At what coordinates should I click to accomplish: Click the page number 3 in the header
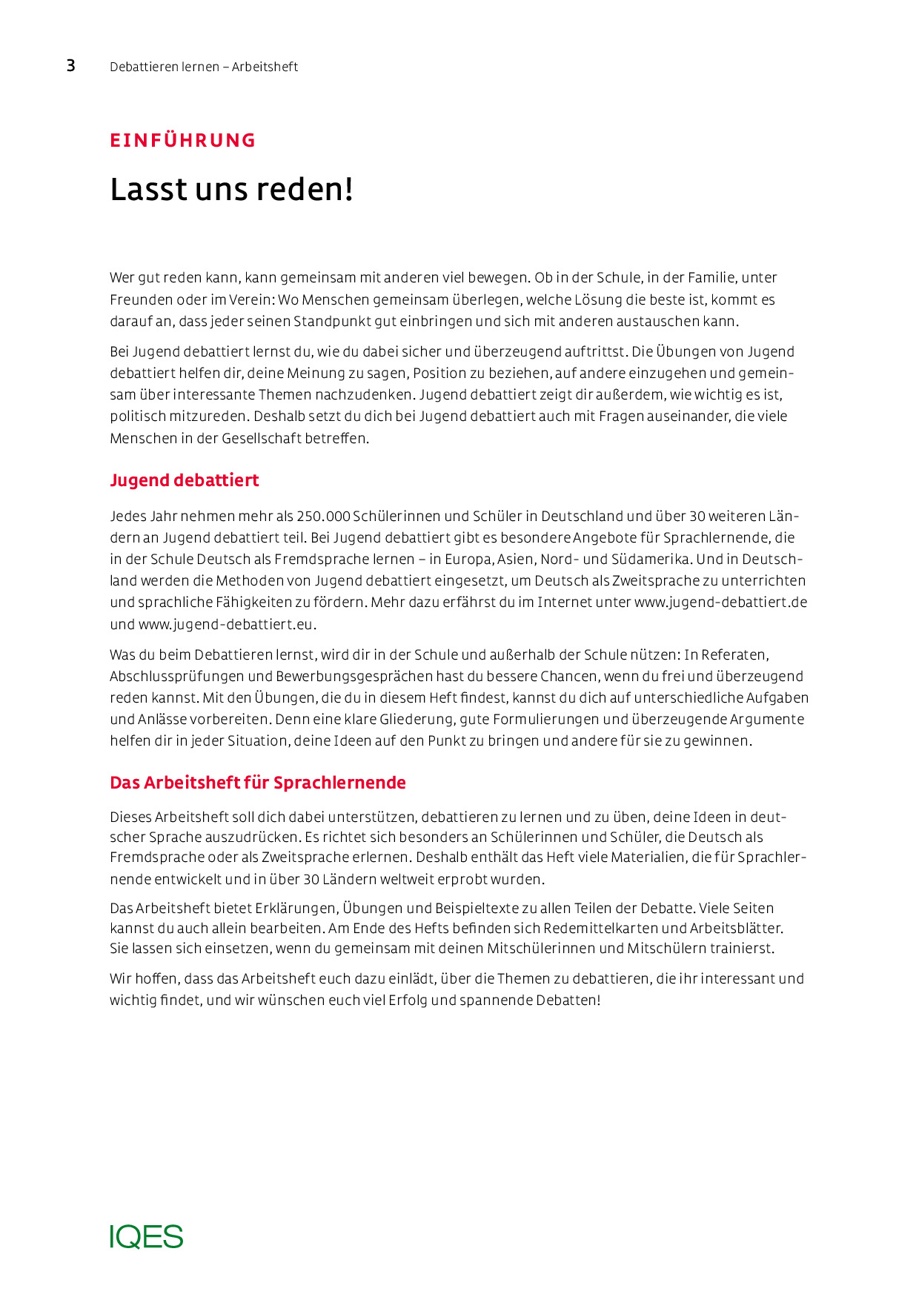pos(71,66)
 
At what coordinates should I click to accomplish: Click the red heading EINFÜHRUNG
pos(182,140)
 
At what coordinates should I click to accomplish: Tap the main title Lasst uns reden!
pos(231,190)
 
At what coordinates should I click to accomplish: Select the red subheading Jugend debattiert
pos(185,480)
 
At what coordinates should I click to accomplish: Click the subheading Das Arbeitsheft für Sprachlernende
pos(258,783)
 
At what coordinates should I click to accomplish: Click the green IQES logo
pos(147,1236)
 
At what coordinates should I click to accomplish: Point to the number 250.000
pos(323,516)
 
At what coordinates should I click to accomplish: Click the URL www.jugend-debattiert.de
pos(720,603)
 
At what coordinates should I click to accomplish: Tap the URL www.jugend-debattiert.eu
pos(226,624)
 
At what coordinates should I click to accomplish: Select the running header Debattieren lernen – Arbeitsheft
pos(204,67)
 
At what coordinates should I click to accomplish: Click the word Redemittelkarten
pos(600,928)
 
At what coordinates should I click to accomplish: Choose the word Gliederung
pos(417,720)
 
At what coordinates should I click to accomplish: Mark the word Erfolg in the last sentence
pos(407,1001)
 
